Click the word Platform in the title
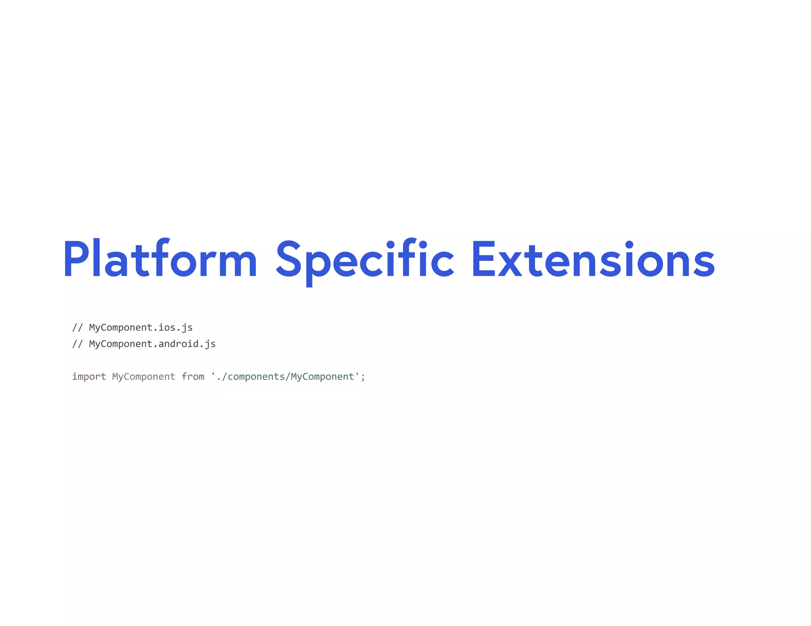click(x=160, y=260)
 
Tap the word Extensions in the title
click(x=593, y=260)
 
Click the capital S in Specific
click(x=288, y=259)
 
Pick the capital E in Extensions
click(x=483, y=259)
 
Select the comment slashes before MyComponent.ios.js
click(x=78, y=328)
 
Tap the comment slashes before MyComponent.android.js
click(x=78, y=344)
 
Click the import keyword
click(x=89, y=377)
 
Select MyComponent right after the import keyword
click(x=144, y=377)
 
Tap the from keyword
click(x=193, y=377)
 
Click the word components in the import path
click(x=256, y=377)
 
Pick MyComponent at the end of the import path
click(x=322, y=377)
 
